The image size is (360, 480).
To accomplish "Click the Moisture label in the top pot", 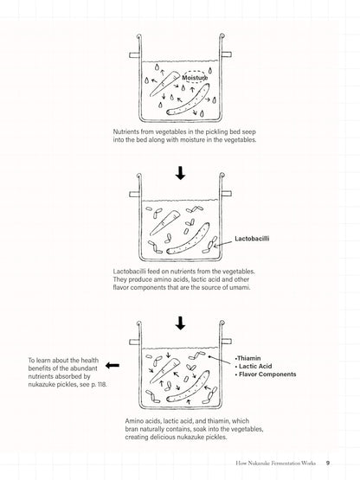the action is click(x=195, y=78).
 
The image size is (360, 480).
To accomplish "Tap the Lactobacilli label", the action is click(x=252, y=239).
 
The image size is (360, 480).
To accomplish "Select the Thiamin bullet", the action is click(x=247, y=358).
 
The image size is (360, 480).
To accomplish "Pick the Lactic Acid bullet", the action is click(x=254, y=366).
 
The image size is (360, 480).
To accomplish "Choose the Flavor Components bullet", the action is click(x=266, y=374).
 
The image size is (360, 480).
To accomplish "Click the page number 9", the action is click(x=327, y=463).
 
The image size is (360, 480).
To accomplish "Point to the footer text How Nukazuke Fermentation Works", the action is click(x=275, y=464).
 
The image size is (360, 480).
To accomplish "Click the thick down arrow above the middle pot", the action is click(x=181, y=173).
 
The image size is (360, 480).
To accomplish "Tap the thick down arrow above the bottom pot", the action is click(x=181, y=323).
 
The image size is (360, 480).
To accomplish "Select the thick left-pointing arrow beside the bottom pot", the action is click(x=112, y=365).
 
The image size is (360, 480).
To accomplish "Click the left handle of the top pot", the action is click(x=134, y=55).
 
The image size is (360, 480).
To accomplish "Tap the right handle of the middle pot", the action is click(x=227, y=194).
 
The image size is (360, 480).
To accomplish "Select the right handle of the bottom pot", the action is click(x=227, y=341).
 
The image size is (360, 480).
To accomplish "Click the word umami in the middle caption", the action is click(x=240, y=287).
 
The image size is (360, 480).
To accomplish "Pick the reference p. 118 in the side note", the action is click(x=99, y=384).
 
